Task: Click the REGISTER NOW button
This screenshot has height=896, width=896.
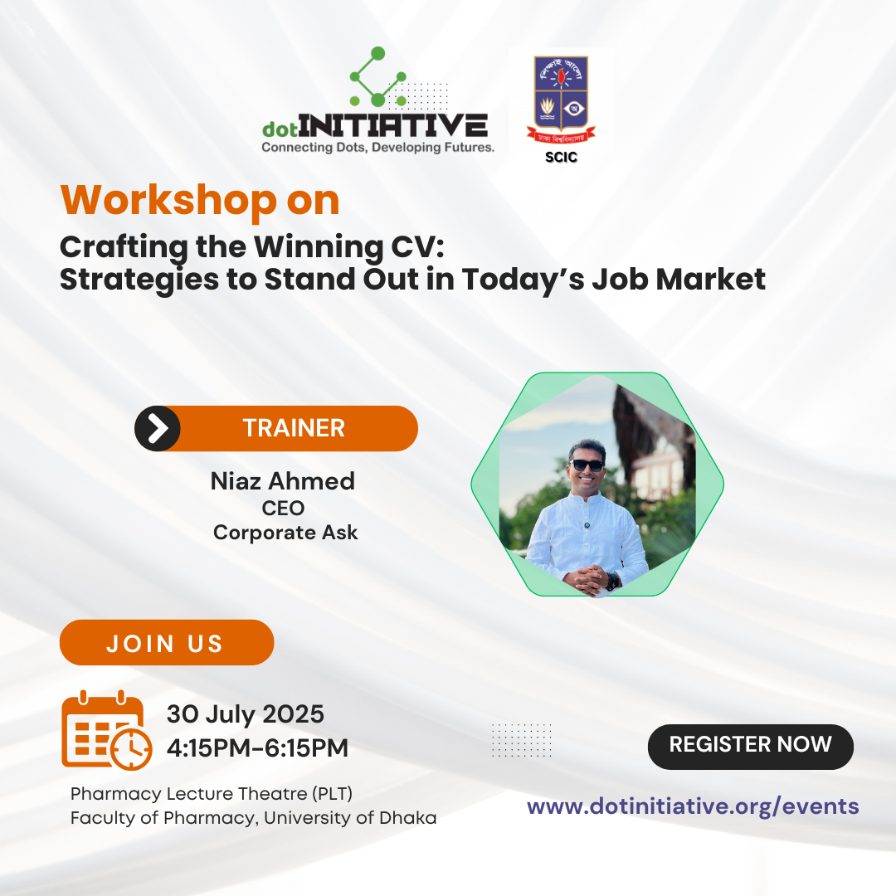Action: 750,747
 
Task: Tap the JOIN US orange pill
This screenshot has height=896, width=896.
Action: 166,642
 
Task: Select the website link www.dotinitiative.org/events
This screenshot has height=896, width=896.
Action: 693,806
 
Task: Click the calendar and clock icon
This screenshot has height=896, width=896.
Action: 106,730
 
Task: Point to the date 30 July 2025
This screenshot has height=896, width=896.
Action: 245,714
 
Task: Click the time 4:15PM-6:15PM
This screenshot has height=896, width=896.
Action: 257,747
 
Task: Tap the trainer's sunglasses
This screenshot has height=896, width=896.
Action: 587,465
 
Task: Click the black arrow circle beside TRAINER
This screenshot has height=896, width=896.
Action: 157,429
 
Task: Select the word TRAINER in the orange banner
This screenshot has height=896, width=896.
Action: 294,428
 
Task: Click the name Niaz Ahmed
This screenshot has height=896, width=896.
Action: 283,481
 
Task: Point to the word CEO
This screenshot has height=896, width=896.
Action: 283,508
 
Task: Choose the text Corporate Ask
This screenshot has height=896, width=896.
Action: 285,533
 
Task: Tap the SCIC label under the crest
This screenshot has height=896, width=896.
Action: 561,157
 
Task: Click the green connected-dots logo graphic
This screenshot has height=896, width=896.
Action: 377,77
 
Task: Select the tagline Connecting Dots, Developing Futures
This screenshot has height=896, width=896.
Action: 377,148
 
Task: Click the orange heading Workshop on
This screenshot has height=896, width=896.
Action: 200,201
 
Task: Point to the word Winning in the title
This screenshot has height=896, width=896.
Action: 319,247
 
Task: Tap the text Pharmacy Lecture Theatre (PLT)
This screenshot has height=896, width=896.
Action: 212,794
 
